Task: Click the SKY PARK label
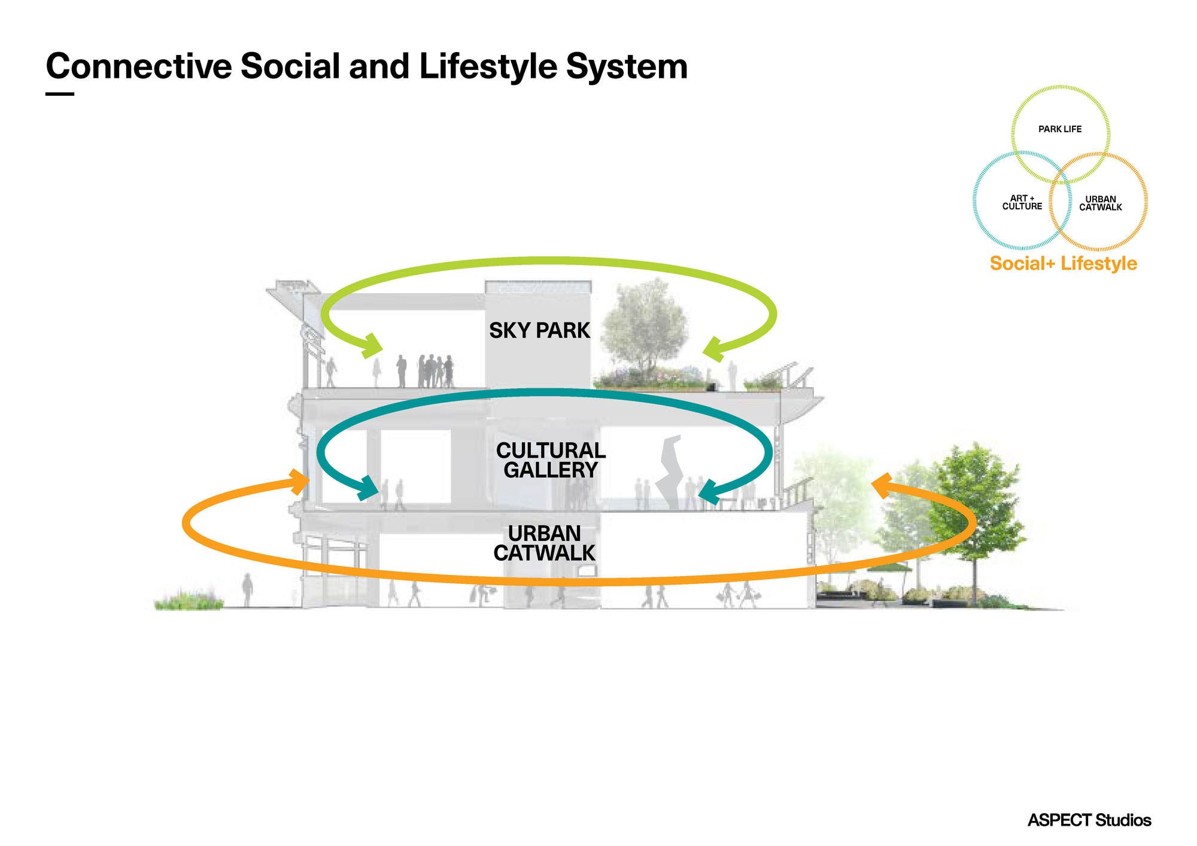[539, 330]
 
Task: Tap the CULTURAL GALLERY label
[551, 460]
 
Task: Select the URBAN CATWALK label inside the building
[544, 543]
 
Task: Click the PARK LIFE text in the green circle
[1060, 129]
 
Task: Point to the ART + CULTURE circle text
[1022, 202]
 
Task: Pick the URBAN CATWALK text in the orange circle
[1100, 203]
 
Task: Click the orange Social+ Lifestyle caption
[1063, 263]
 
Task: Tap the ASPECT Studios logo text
[1089, 820]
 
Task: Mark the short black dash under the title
[60, 94]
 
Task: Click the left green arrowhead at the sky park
[372, 346]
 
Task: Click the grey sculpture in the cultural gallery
[670, 473]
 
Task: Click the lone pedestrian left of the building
[247, 589]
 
